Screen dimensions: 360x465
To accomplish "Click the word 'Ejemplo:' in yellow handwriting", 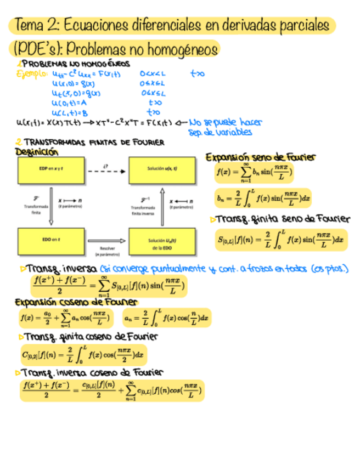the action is click(x=32, y=74).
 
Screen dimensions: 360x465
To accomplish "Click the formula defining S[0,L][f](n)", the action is click(x=280, y=239).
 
